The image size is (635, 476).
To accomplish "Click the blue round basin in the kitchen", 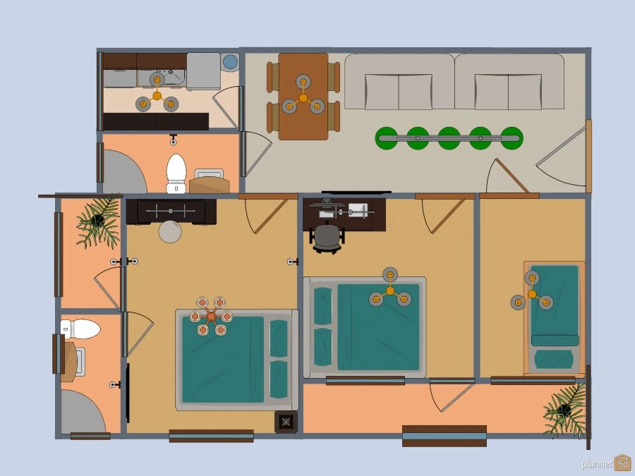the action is (231, 62).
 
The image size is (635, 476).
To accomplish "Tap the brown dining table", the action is (303, 97).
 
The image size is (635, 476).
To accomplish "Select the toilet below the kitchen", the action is (176, 173).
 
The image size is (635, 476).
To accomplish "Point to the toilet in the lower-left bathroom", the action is (80, 329).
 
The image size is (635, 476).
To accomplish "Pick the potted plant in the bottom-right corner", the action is (565, 410).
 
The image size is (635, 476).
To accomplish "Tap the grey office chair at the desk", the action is (327, 238).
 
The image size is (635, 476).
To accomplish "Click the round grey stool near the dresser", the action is (169, 232).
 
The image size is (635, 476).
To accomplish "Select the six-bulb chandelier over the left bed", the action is (212, 316).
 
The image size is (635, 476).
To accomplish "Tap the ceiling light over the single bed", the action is (532, 293).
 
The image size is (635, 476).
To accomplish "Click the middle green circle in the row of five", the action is (449, 138).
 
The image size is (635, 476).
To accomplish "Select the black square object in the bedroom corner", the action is (286, 422).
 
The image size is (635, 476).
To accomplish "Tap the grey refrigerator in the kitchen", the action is (203, 71).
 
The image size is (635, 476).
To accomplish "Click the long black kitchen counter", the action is (156, 121).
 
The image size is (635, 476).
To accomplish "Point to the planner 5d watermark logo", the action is (606, 463).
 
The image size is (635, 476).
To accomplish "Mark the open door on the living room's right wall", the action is (563, 157).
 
